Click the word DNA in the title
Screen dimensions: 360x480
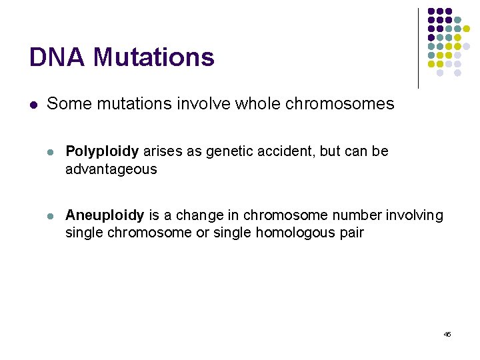pos(57,57)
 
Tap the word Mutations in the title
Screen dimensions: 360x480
pos(153,57)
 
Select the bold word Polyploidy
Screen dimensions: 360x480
pos(102,152)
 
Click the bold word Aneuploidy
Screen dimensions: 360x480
pos(105,215)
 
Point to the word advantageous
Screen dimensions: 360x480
pos(111,169)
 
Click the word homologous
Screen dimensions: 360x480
pos(290,233)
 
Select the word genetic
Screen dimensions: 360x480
pos(232,152)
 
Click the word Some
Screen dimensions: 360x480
pos(64,104)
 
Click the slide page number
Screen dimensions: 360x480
pos(447,334)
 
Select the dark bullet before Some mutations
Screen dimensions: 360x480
pos(33,105)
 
